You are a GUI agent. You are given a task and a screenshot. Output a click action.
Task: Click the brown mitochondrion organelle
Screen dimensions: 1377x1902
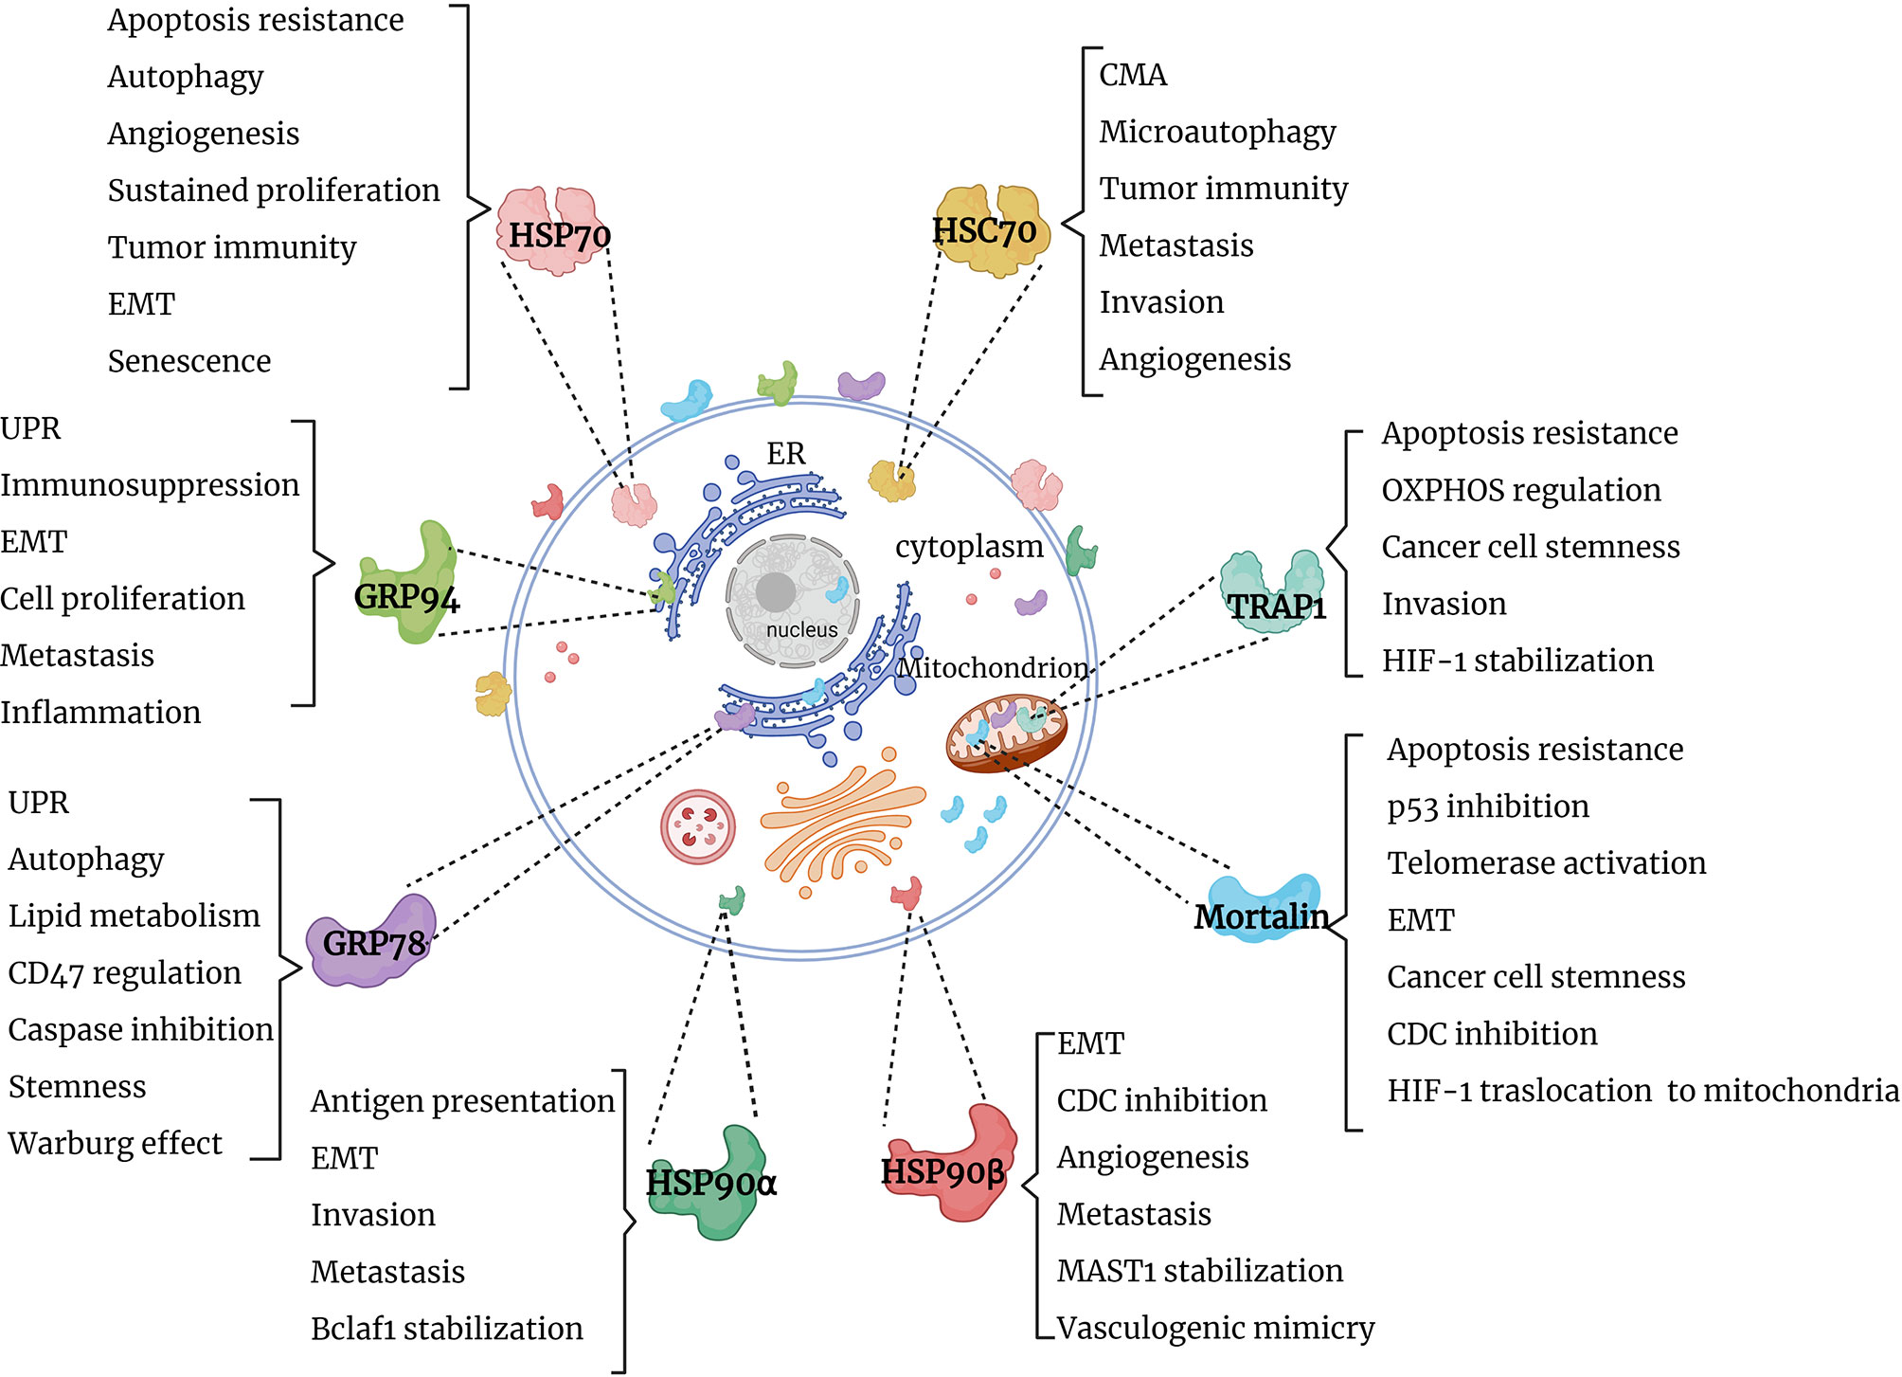[1007, 732]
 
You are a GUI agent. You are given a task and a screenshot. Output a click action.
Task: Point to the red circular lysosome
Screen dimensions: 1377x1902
[697, 826]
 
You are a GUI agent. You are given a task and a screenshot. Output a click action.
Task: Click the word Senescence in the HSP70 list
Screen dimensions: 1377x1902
[188, 361]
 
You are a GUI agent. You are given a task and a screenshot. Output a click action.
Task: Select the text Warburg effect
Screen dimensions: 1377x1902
[115, 1143]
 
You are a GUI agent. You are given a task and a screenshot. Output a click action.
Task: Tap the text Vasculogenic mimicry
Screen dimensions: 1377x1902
[1215, 1328]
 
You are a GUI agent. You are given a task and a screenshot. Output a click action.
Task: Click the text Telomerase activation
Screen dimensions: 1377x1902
[1546, 863]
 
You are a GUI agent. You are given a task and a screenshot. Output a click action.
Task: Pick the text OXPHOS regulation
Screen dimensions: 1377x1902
[1520, 490]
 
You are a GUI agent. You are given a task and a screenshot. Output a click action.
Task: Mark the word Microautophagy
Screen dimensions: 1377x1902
[1217, 132]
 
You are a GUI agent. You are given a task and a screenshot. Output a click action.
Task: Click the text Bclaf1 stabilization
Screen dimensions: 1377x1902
[446, 1329]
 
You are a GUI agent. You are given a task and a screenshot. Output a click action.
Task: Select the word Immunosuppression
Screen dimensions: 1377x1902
[150, 485]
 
